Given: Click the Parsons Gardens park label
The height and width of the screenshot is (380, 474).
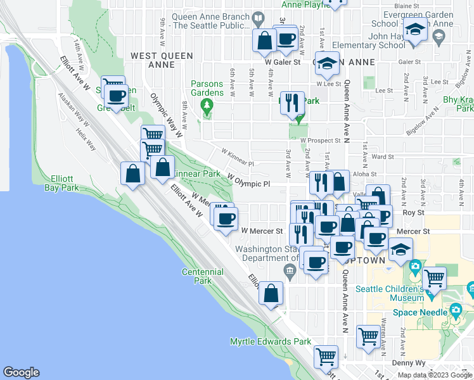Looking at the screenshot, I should (207, 88).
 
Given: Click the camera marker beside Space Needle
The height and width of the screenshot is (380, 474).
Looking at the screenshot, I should (456, 310).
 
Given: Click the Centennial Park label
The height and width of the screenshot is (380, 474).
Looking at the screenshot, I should (203, 276).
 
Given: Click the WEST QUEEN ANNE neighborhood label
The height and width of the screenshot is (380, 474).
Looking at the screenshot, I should (162, 60).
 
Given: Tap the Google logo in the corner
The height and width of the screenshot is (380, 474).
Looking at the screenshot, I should (21, 372).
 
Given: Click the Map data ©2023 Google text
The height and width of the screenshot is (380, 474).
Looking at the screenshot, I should (434, 375).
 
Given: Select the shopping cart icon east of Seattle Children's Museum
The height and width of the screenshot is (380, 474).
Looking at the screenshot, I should (434, 277).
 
